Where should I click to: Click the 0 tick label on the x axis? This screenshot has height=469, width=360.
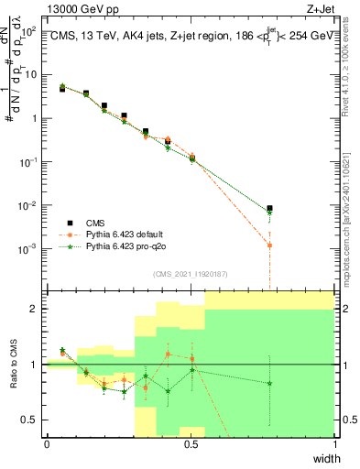[47, 444]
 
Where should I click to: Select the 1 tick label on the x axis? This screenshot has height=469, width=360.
[334, 444]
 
